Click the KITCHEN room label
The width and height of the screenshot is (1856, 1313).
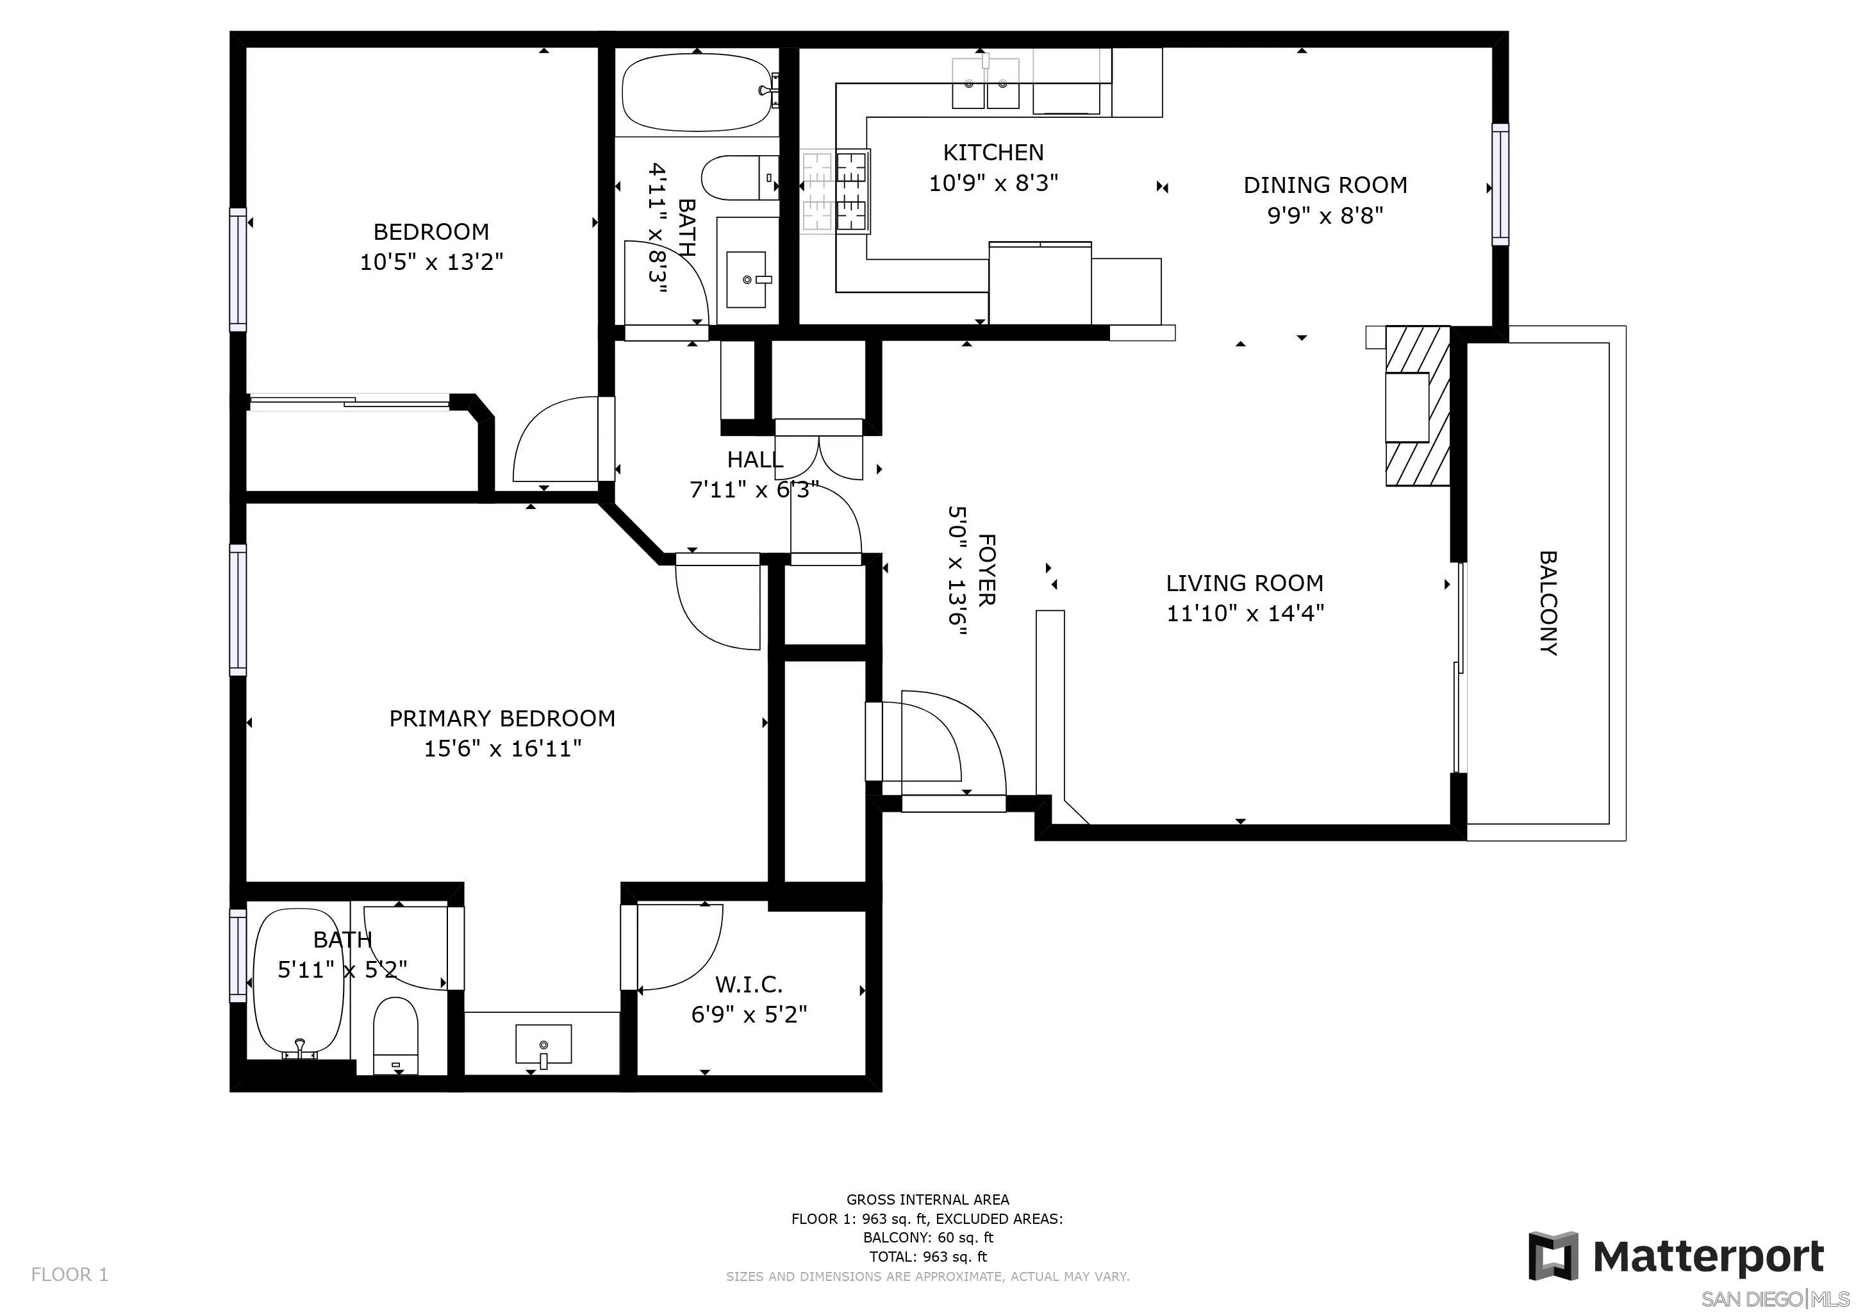(x=993, y=152)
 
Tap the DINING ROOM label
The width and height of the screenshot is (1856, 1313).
(x=1325, y=185)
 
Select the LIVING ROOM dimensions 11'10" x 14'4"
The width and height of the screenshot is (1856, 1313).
(x=1245, y=613)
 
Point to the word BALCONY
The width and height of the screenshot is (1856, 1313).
(x=1547, y=603)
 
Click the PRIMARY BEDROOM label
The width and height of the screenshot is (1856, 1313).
(x=502, y=718)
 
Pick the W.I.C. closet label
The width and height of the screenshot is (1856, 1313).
(x=749, y=985)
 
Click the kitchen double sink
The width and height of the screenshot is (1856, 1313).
(x=984, y=83)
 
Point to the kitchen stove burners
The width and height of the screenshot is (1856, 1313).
(x=835, y=192)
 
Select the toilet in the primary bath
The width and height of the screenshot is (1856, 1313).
(x=396, y=1035)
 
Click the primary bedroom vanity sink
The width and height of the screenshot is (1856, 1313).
(x=543, y=1044)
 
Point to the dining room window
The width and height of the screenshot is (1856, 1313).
(x=1500, y=185)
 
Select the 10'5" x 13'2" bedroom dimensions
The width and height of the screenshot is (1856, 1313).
(x=432, y=262)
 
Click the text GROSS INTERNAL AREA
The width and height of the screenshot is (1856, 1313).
(x=927, y=1200)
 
